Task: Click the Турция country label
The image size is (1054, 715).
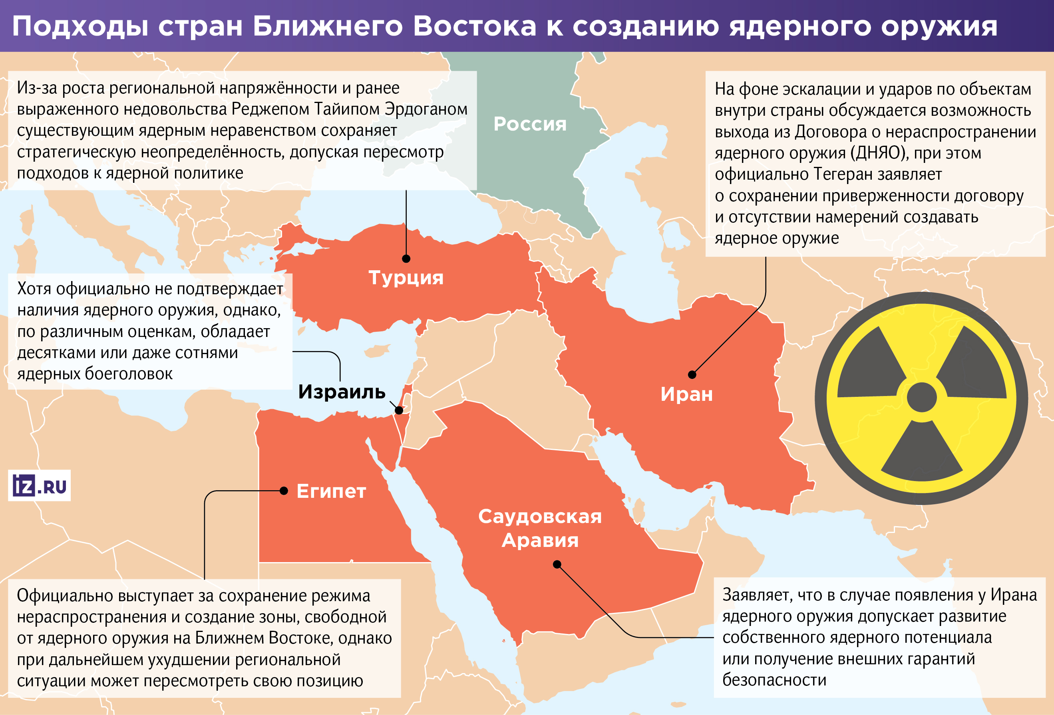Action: (406, 277)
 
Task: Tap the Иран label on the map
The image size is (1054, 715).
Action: (686, 394)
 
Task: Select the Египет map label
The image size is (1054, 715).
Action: (331, 491)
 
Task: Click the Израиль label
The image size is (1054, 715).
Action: (342, 392)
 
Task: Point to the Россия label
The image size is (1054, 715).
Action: (530, 124)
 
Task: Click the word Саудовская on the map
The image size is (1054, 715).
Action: (540, 516)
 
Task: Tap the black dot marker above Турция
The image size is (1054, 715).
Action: (406, 259)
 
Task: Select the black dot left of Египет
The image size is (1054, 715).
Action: (284, 491)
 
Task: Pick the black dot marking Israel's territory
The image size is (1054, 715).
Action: (399, 410)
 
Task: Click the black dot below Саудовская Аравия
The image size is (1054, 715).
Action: (557, 564)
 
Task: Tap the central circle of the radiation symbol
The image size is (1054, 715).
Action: (922, 397)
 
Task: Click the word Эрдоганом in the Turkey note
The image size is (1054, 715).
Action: (426, 109)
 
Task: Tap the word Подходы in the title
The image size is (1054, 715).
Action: (80, 26)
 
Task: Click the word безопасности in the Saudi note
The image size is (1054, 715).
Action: (774, 679)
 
